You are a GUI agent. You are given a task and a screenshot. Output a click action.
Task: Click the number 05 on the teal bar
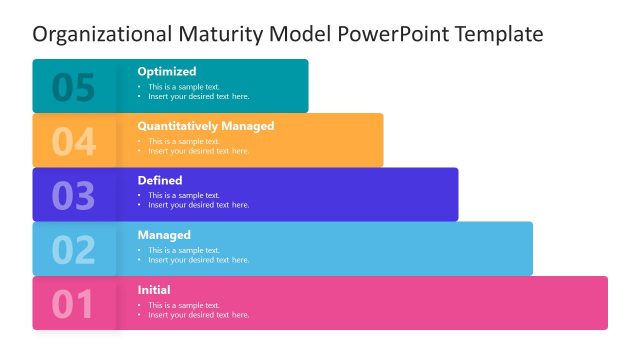point(73,88)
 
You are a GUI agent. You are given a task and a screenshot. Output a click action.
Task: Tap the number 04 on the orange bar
point(73,142)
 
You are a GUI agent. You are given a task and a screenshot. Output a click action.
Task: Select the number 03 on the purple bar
point(73,196)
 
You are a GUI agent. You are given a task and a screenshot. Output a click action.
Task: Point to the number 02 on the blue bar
point(73,250)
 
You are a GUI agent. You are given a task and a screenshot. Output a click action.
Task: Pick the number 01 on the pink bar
point(73,304)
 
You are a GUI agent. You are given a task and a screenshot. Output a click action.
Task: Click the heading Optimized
point(167,72)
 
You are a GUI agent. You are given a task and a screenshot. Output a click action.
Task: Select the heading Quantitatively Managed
point(205,126)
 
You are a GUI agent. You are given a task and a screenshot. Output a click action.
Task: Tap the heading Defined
point(160,180)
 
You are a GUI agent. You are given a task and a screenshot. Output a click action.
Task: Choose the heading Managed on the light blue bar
point(164,235)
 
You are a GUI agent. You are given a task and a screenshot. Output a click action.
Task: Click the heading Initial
point(154,290)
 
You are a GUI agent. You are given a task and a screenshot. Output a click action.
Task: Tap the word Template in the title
point(499,34)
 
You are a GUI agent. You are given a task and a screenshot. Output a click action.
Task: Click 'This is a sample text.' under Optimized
point(184,87)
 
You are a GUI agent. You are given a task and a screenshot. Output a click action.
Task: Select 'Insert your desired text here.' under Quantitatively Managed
point(199,151)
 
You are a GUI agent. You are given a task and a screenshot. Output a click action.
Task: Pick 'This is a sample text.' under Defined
point(184,195)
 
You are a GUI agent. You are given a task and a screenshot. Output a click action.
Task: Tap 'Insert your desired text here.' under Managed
point(199,260)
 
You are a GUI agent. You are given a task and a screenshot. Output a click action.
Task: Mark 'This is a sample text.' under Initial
point(184,304)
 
